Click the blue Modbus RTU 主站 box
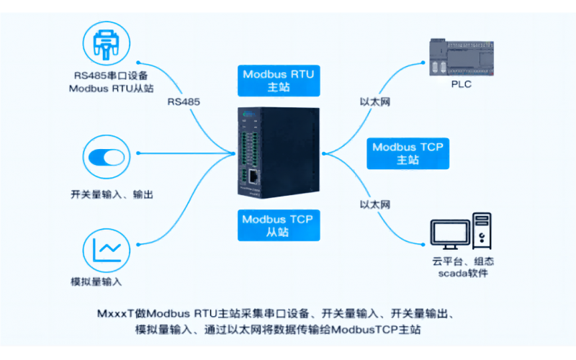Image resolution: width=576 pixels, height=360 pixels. point(277,81)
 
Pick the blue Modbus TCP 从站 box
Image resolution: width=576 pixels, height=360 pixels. point(276,226)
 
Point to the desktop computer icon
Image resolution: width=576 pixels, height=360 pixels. point(461,232)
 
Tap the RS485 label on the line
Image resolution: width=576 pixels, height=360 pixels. point(184,102)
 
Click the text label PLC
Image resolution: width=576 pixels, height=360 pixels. point(462,84)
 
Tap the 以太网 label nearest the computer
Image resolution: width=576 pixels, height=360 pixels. point(374,205)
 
